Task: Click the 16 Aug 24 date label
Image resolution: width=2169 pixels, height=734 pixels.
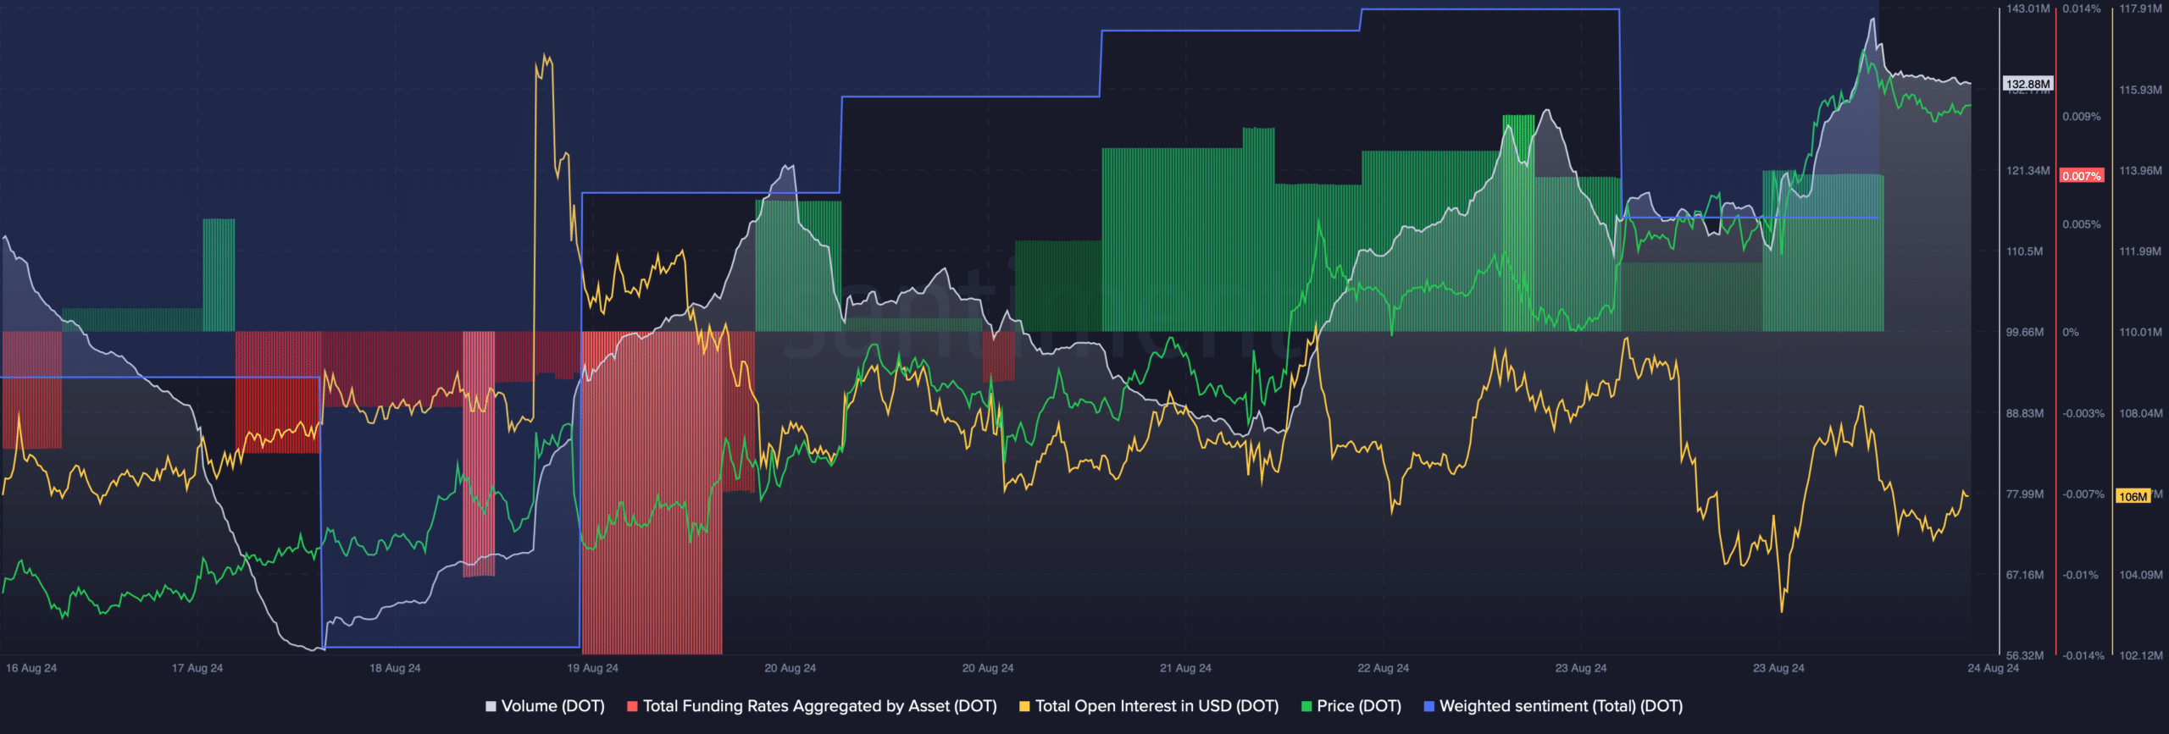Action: coord(31,668)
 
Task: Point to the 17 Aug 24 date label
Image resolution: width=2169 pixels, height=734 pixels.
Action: coord(197,668)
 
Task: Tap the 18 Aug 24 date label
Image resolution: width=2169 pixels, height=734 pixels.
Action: coord(395,668)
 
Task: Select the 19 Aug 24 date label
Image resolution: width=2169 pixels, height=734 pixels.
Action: coord(593,668)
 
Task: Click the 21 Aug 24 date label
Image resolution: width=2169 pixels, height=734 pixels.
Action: coord(1185,668)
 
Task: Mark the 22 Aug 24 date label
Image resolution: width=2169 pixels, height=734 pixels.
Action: coord(1383,668)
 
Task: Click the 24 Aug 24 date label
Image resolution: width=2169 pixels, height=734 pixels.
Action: coord(1993,668)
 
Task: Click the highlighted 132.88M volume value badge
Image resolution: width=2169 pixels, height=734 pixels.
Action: coord(2028,84)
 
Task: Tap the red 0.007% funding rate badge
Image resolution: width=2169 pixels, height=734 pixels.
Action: coord(2081,176)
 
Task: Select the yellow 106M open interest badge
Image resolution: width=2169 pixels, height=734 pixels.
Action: coord(2133,496)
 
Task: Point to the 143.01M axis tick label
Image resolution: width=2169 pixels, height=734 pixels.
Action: coord(2028,9)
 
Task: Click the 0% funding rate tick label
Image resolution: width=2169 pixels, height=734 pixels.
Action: coord(2071,333)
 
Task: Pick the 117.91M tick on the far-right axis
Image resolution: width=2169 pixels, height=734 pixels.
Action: coord(2140,9)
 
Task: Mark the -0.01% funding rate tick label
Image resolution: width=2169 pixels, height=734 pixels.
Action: coord(2080,576)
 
